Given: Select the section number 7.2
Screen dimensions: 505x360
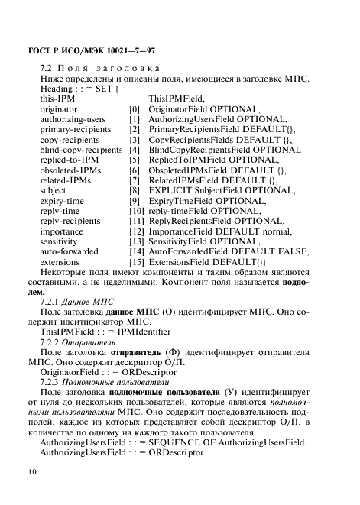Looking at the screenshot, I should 47,69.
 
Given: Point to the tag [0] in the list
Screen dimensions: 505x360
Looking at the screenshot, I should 135,109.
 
